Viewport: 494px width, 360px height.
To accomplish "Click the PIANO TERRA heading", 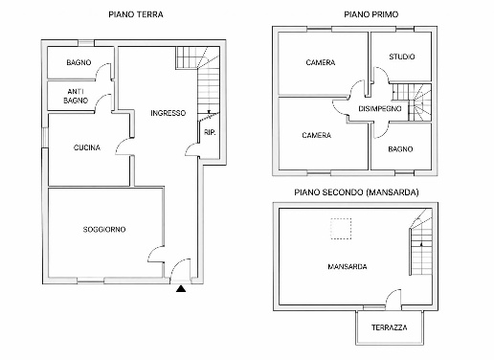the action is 136,14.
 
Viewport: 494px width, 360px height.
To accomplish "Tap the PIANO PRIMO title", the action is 371,14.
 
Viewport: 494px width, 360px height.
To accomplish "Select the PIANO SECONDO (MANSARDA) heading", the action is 356,192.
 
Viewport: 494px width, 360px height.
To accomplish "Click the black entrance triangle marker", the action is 181,289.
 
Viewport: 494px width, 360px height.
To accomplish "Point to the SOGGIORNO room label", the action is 104,229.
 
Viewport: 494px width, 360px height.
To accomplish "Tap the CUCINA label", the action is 87,147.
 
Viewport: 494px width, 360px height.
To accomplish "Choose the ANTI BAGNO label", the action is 76,96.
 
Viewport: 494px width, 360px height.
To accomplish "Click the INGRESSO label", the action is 168,113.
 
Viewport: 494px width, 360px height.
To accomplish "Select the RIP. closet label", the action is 210,132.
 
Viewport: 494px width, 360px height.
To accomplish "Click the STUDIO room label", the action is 402,56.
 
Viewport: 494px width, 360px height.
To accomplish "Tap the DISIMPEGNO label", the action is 380,108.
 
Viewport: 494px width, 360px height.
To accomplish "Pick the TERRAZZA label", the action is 390,327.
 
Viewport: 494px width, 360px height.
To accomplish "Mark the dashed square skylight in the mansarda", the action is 341,229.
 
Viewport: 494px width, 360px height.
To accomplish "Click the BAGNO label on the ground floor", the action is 79,62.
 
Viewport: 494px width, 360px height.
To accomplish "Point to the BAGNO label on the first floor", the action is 400,149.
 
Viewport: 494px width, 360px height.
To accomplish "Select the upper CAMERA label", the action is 321,62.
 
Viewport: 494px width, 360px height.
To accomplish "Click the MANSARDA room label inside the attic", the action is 348,266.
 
